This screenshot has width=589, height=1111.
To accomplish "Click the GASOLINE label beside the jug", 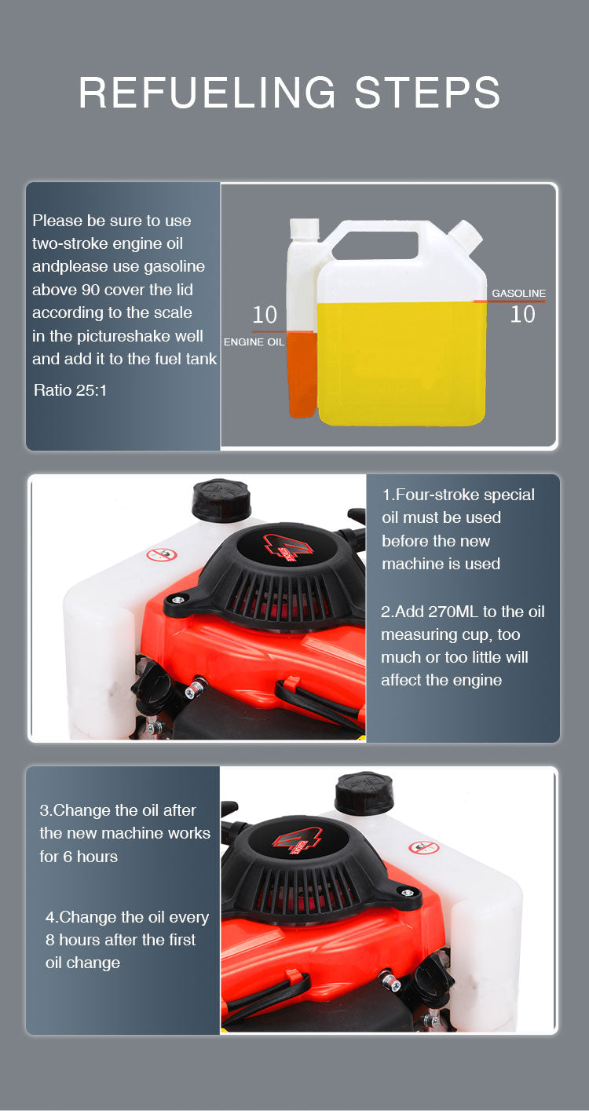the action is click(x=518, y=293).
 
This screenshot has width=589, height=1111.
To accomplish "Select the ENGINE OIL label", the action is click(x=254, y=342).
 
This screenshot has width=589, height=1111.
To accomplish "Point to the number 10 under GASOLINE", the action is click(x=522, y=314).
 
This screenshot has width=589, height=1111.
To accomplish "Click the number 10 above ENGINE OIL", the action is click(x=265, y=315).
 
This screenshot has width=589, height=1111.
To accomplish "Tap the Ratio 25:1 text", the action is click(x=70, y=390).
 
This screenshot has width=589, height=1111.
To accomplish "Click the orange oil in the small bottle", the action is click(x=302, y=375).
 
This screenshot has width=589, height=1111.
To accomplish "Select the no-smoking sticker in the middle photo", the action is click(x=161, y=554).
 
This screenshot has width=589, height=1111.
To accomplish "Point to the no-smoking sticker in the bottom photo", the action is click(x=424, y=847).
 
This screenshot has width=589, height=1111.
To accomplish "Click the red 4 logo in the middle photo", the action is click(x=287, y=547).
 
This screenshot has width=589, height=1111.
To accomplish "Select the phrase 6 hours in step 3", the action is click(x=90, y=857).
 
